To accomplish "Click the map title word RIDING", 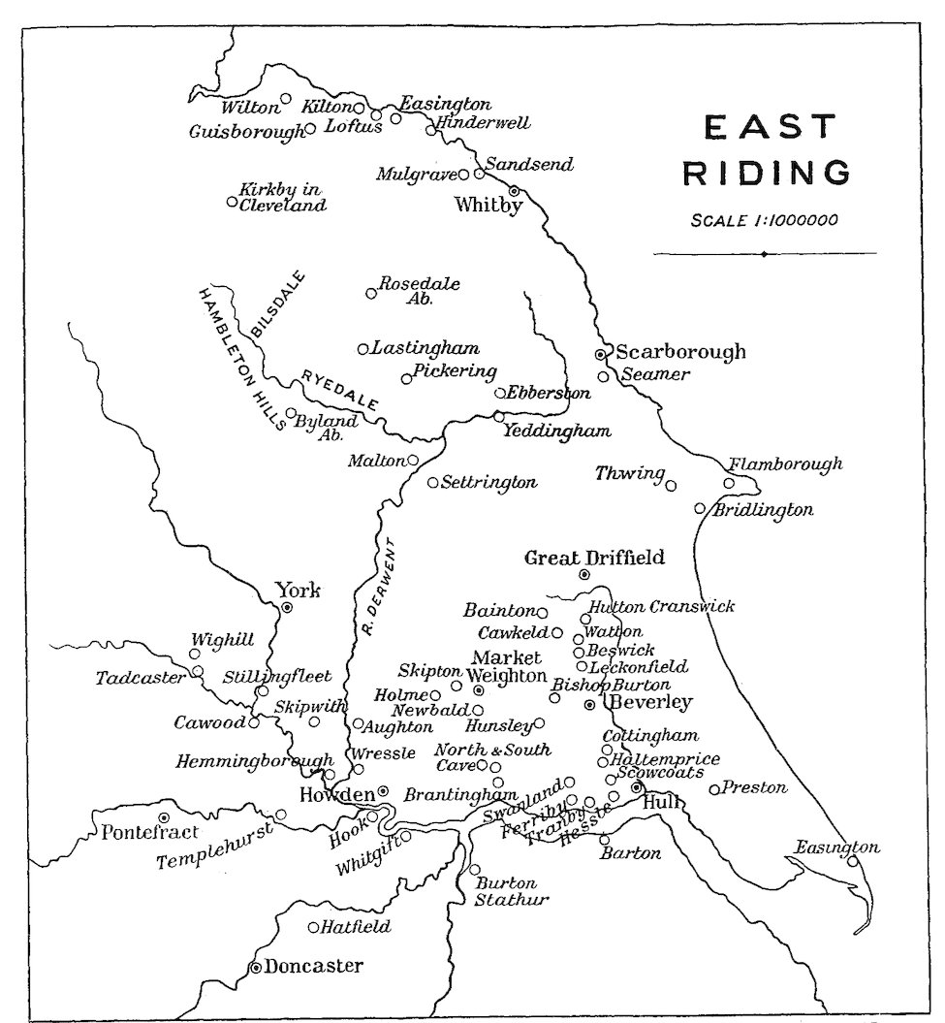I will pos(768,174).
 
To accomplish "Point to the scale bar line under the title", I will pos(765,254).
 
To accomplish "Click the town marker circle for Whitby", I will pos(515,191).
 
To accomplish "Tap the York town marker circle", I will pos(287,607).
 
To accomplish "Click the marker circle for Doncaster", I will pos(256,967).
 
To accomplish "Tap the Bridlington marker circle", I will pos(700,508).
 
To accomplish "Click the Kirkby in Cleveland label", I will pos(282,198).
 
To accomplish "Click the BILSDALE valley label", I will pos(278,305).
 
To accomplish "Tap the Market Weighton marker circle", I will pos(478,689).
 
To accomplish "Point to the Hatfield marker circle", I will pos(313,927).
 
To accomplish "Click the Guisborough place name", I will pos(247,132).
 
